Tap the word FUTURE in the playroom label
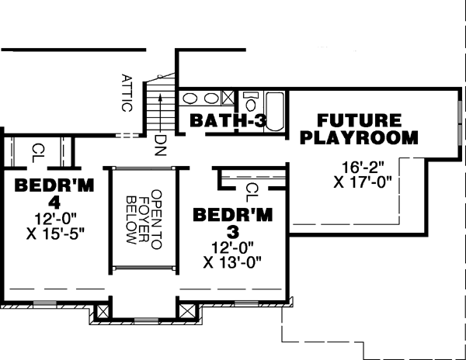[359, 121]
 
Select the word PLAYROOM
[359, 138]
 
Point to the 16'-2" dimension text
[363, 166]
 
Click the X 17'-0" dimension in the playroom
[363, 183]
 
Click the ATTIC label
[127, 93]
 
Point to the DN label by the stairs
[160, 143]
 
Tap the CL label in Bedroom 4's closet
[37, 149]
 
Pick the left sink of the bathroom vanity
[191, 99]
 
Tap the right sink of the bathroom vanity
[211, 99]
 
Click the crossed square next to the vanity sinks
[228, 98]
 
